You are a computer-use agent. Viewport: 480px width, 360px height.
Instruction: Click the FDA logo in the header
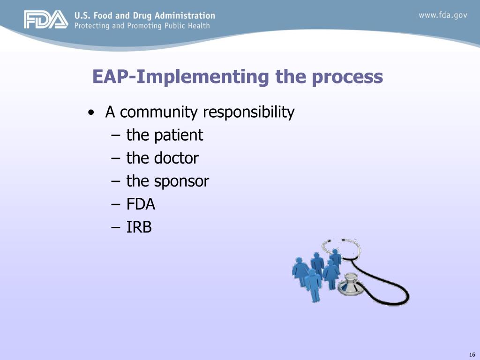click(x=46, y=20)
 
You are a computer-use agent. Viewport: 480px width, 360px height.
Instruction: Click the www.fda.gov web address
click(x=442, y=15)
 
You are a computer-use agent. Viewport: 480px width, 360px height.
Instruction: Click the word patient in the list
click(x=178, y=135)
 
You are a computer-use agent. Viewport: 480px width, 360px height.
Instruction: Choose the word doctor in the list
click(x=175, y=158)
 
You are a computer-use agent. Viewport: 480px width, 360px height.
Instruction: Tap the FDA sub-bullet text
click(x=141, y=204)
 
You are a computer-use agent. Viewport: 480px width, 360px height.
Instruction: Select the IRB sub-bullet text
click(x=139, y=227)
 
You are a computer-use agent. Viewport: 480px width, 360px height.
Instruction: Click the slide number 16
click(x=472, y=354)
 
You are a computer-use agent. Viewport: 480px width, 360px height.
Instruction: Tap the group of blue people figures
click(x=316, y=274)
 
